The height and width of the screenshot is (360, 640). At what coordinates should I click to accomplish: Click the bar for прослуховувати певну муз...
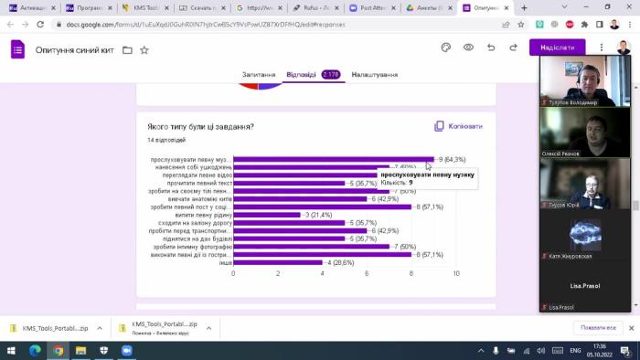pyautogui.click(x=334, y=159)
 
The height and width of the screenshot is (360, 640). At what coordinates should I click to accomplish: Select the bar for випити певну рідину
pyautogui.click(x=267, y=215)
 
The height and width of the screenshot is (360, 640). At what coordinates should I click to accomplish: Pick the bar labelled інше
pyautogui.click(x=278, y=262)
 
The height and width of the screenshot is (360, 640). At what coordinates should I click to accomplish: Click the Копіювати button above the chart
pyautogui.click(x=458, y=126)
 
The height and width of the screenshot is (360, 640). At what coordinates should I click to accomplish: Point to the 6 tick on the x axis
pyautogui.click(x=368, y=273)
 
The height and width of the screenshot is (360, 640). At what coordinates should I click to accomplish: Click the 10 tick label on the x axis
pyautogui.click(x=455, y=273)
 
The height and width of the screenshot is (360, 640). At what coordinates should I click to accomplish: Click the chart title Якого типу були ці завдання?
pyautogui.click(x=200, y=126)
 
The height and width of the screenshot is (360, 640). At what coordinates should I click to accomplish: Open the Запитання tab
pyautogui.click(x=259, y=75)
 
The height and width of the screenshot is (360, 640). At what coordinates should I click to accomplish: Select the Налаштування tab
pyautogui.click(x=374, y=75)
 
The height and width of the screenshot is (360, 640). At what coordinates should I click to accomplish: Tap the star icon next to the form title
pyautogui.click(x=144, y=49)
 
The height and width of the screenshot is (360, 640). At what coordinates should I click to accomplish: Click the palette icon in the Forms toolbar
pyautogui.click(x=446, y=48)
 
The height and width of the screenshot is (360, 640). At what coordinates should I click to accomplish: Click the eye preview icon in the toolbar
pyautogui.click(x=468, y=48)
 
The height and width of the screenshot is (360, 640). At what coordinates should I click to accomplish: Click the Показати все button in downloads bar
pyautogui.click(x=597, y=327)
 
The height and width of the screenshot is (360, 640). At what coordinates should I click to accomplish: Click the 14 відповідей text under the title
pyautogui.click(x=166, y=140)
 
